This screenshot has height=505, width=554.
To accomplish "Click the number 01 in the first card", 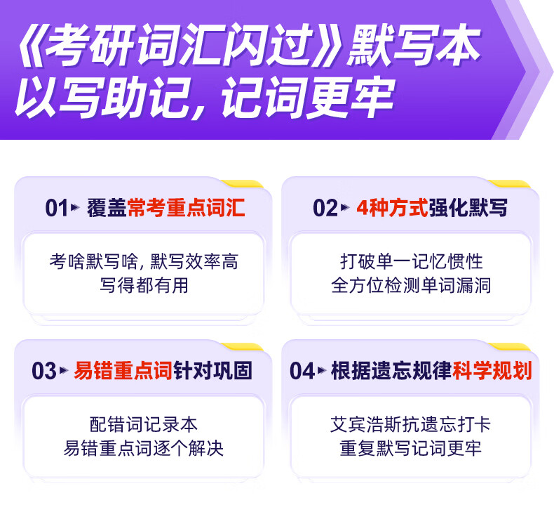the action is coord(57,208).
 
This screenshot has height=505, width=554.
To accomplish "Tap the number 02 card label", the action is coord(325,208).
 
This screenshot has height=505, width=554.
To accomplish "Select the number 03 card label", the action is coord(43,371).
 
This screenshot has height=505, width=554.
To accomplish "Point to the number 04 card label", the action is coord(302,371).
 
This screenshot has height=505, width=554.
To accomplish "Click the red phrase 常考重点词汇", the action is coord(186,208).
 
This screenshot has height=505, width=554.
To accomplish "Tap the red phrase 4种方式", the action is coord(392,208).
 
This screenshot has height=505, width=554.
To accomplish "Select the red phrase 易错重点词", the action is coord(123,371).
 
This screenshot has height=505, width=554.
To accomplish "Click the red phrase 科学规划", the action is coord(492,371).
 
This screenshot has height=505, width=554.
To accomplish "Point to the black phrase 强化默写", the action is coord(468,208).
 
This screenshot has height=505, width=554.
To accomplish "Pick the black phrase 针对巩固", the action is coord(212,371).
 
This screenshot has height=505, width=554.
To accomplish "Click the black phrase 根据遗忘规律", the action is coord(391,371).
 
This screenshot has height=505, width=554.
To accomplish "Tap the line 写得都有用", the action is coord(144,285).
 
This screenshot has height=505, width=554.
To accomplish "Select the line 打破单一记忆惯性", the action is coord(411,261).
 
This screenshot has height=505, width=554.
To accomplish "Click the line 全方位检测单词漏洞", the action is coord(411,285).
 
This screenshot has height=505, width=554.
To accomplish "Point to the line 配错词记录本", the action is coord(144,424).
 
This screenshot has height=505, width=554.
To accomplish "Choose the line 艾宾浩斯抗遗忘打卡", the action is coord(410,424).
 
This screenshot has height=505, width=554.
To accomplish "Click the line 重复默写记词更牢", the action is coord(410,448).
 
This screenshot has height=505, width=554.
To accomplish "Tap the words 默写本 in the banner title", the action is coord(413,45).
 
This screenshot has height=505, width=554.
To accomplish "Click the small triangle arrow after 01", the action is coord(75,207).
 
